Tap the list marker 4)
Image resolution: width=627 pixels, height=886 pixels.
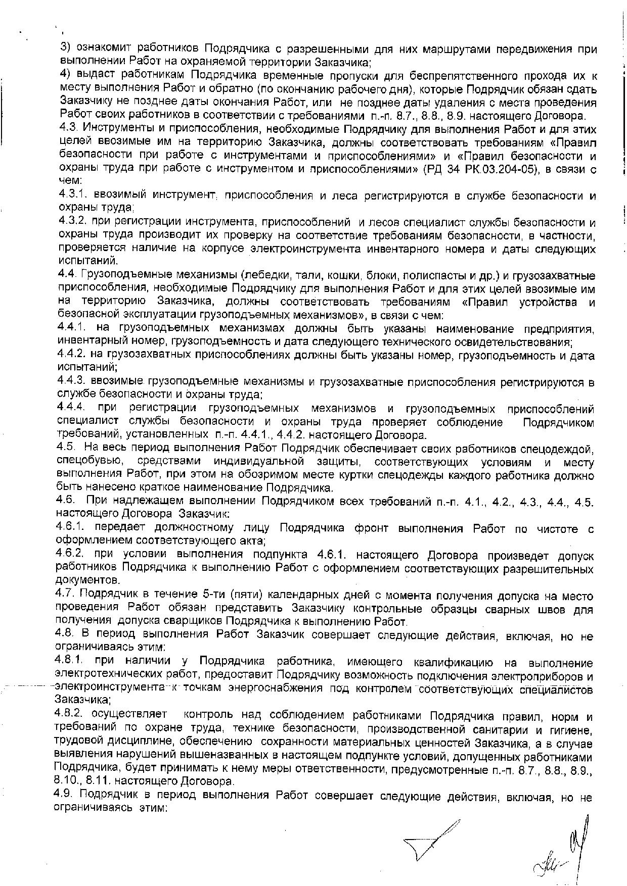click(65, 76)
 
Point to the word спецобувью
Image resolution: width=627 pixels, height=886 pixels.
click(88, 462)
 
